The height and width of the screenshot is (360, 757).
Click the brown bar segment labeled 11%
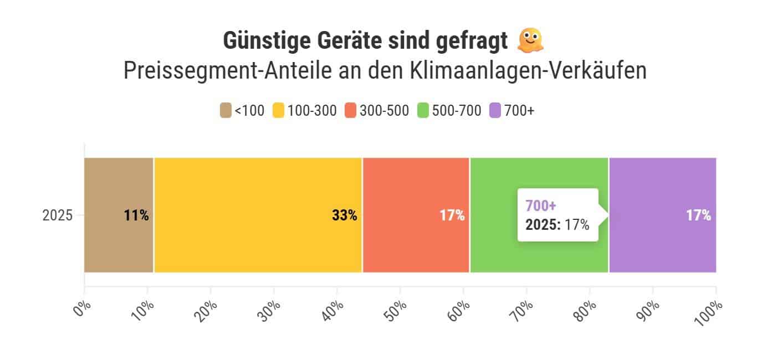click(x=119, y=215)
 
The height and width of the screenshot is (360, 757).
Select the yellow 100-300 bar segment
click(x=258, y=215)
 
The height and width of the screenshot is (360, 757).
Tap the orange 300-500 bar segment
click(x=416, y=215)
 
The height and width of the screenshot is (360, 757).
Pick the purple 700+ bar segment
click(x=662, y=215)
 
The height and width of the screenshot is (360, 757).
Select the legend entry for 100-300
click(x=305, y=111)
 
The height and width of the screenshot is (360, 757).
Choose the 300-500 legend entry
click(x=377, y=111)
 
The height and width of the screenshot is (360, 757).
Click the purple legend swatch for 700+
click(x=495, y=111)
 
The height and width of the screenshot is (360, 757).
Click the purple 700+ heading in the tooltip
click(x=540, y=206)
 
